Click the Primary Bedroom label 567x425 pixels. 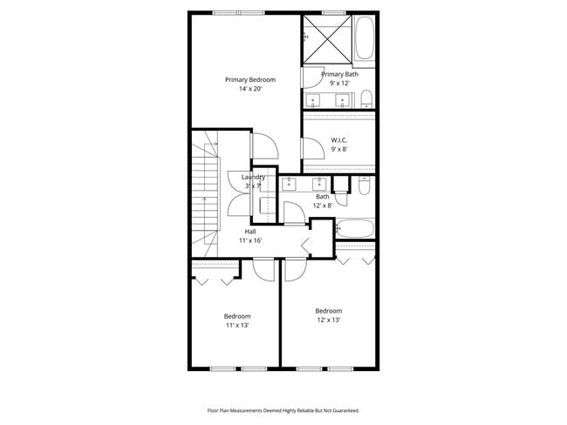(x=244, y=79)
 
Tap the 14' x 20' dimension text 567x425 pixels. (x=244, y=89)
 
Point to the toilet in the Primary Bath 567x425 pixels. (x=366, y=97)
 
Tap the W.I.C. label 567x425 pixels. (x=339, y=139)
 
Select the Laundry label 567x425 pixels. (x=253, y=177)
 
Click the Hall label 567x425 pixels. (x=250, y=232)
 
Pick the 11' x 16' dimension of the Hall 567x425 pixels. (x=250, y=240)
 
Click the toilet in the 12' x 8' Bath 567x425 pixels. (x=365, y=185)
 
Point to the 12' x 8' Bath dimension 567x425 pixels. (x=323, y=206)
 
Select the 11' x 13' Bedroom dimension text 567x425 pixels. (x=237, y=325)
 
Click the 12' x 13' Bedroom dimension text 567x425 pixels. (x=328, y=320)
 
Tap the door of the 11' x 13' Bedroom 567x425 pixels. (x=262, y=270)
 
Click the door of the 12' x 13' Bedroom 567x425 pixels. (x=295, y=270)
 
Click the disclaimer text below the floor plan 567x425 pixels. (x=283, y=409)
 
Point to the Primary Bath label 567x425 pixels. (x=339, y=74)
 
